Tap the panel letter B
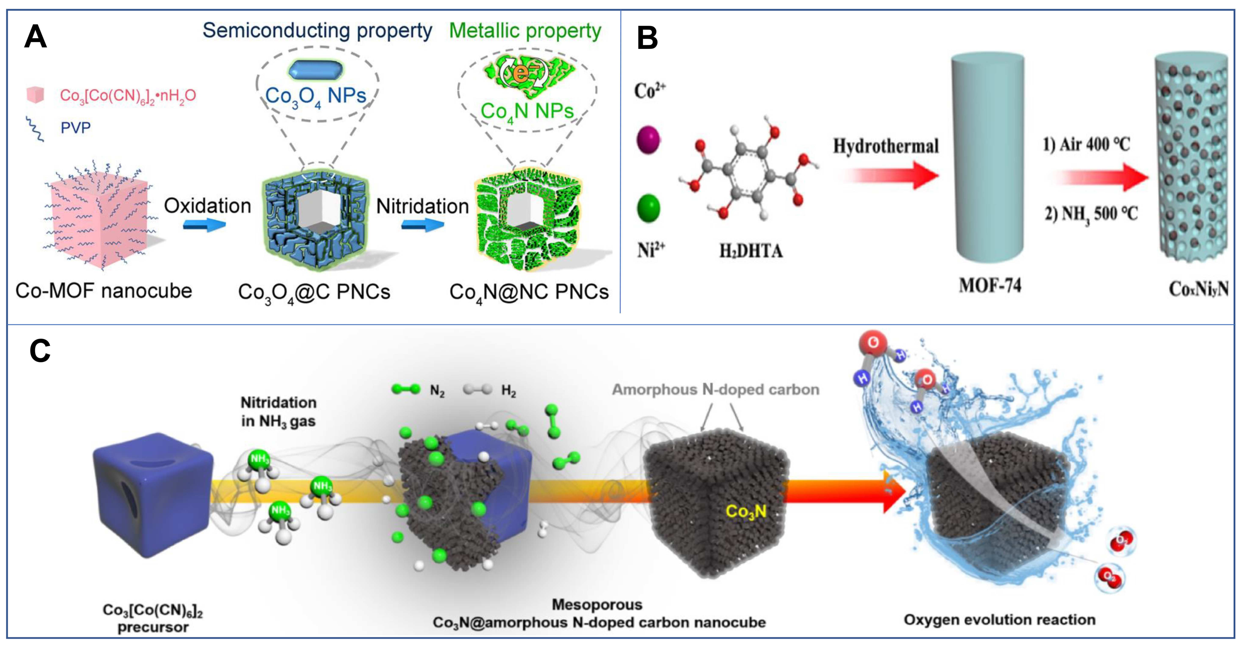pyautogui.click(x=647, y=38)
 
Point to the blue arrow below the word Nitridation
pyautogui.click(x=423, y=225)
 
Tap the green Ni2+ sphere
pyautogui.click(x=648, y=208)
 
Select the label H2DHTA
pyautogui.click(x=751, y=251)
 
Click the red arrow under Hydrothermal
pyautogui.click(x=889, y=175)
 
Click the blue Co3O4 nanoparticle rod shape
pyautogui.click(x=316, y=70)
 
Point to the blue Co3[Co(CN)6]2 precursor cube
pyautogui.click(x=152, y=495)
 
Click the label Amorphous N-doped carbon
pyautogui.click(x=715, y=390)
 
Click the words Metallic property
pyautogui.click(x=525, y=31)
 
